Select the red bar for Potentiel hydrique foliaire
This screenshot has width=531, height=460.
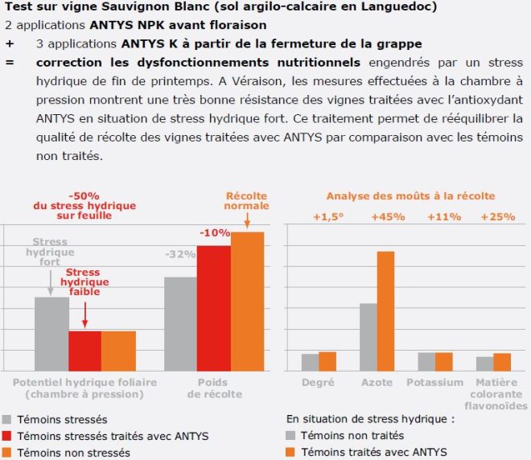pyautogui.click(x=84, y=351)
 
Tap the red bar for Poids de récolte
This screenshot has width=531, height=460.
pyautogui.click(x=213, y=307)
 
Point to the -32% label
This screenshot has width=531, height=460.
pyautogui.click(x=180, y=254)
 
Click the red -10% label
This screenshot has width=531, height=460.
pyautogui.click(x=214, y=232)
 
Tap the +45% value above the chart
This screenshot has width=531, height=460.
pyautogui.click(x=388, y=216)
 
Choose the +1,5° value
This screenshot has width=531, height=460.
pyautogui.click(x=326, y=216)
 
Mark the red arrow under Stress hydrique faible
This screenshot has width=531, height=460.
pyautogui.click(x=84, y=314)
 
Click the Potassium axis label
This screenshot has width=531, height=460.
pyautogui.click(x=435, y=382)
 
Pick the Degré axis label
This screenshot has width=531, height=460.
pyautogui.click(x=318, y=382)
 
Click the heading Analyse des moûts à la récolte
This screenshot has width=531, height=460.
pyautogui.click(x=410, y=195)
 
